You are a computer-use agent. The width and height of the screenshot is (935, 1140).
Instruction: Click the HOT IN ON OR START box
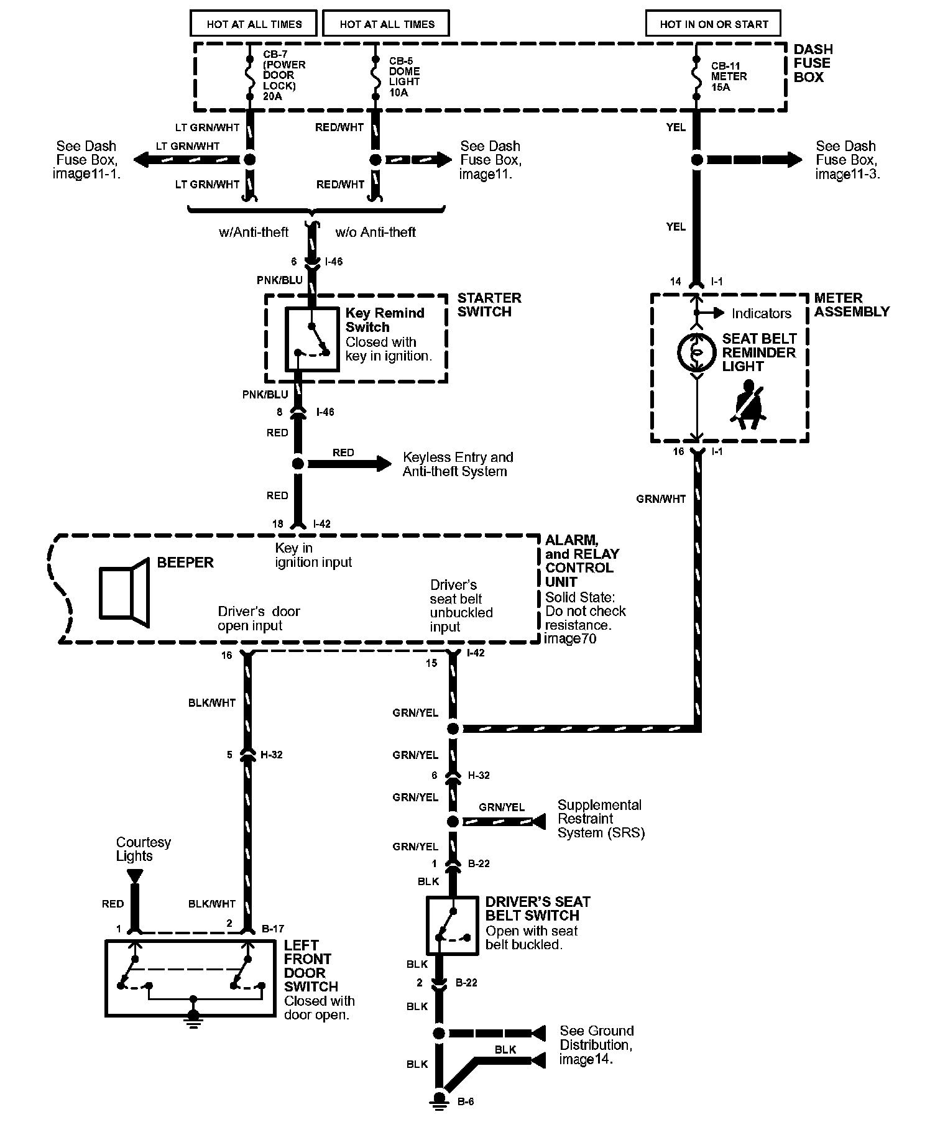coord(713,24)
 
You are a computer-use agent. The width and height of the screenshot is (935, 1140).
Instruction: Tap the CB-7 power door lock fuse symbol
coord(249,78)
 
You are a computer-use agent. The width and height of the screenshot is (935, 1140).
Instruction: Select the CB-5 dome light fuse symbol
coord(375,78)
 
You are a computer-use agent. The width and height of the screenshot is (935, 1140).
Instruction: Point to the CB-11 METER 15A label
coord(729,76)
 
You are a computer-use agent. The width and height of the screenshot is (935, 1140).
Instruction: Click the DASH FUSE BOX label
coord(813,63)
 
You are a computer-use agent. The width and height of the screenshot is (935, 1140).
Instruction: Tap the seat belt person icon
coord(750,405)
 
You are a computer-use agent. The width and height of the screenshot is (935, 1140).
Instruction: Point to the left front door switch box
coord(190,978)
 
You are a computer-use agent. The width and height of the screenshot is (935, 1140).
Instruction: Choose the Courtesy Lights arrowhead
coord(134,876)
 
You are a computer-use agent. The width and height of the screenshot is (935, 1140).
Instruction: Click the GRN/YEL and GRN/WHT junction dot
coord(453,729)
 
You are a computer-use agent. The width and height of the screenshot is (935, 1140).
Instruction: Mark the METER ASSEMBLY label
coord(852,305)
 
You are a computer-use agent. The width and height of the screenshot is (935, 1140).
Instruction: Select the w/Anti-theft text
coord(254,232)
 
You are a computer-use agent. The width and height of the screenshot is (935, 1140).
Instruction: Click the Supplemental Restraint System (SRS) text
coord(601,819)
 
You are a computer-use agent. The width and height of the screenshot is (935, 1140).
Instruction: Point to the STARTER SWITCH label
coord(489,305)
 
